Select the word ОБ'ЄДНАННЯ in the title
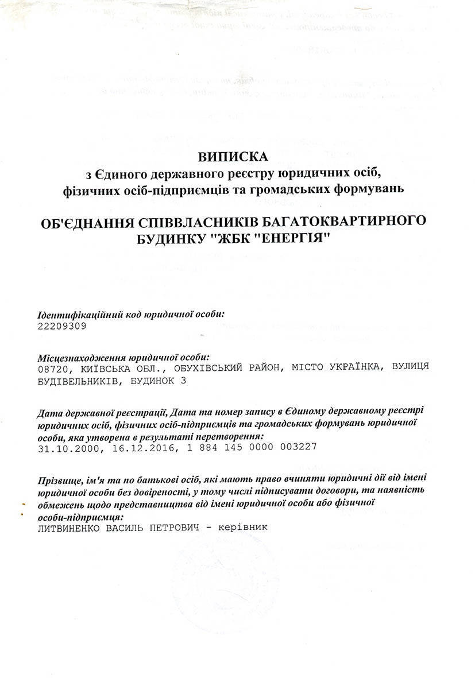84,221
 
